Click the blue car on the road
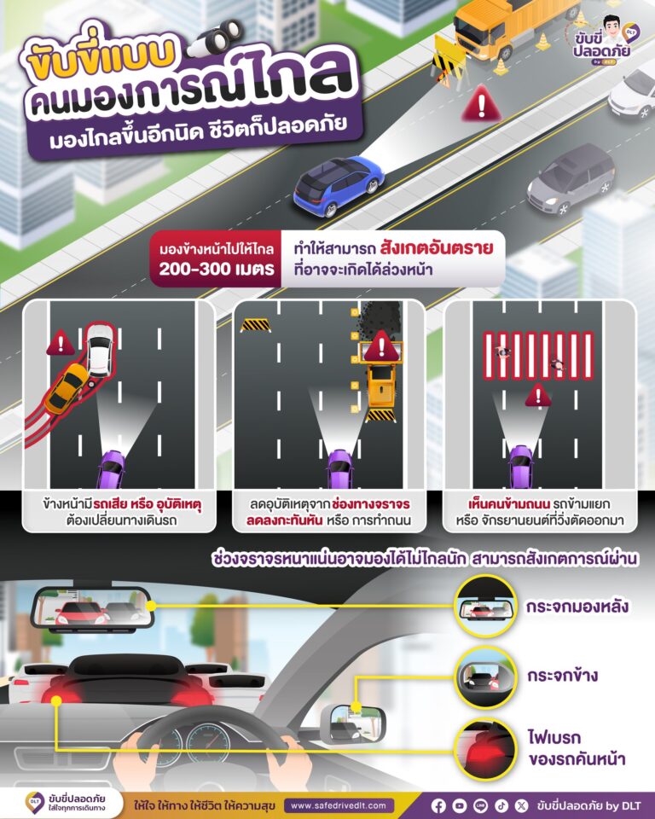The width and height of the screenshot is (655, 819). [x=339, y=185]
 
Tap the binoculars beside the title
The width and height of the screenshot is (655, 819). [x=215, y=38]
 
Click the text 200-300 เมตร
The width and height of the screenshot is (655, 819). [x=217, y=269]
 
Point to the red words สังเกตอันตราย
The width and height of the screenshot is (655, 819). [x=437, y=247]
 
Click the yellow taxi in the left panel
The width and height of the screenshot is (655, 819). [x=67, y=388]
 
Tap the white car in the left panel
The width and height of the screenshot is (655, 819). [x=100, y=349]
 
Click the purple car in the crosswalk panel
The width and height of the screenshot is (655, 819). [x=521, y=467]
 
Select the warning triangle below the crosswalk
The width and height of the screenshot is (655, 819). [x=538, y=395]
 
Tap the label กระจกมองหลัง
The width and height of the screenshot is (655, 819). [x=577, y=607]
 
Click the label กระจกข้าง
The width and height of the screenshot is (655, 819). [x=562, y=676]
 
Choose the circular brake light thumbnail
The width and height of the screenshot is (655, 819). [x=484, y=748]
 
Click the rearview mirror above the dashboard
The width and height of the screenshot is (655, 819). [x=92, y=609]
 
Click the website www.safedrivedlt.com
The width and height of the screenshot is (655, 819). [x=339, y=805]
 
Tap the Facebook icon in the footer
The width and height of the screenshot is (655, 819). [x=438, y=806]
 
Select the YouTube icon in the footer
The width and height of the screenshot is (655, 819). [x=460, y=806]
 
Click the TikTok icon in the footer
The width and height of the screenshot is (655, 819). [x=501, y=806]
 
